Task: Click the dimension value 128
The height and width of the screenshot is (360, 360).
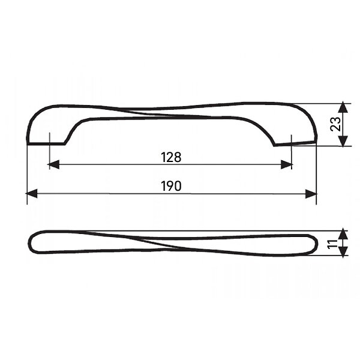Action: [x=171, y=157]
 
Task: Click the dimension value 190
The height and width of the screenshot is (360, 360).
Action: [x=171, y=186]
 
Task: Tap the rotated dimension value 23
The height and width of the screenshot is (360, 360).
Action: [x=335, y=124]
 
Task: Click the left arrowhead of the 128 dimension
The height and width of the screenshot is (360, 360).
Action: [x=53, y=164]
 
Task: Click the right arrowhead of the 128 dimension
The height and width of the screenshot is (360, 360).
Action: [x=287, y=164]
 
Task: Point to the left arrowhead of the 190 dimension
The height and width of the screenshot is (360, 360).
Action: [x=31, y=194]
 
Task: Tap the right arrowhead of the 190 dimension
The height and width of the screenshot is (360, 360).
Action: [x=311, y=194]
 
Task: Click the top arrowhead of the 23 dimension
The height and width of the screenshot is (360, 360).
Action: [x=343, y=107]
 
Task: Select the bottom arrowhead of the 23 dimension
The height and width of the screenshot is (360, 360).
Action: [x=343, y=141]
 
